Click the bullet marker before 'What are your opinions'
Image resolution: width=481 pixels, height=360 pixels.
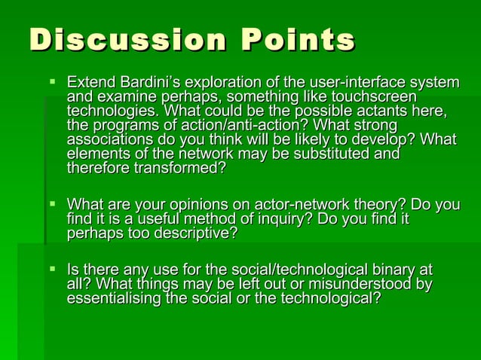51,204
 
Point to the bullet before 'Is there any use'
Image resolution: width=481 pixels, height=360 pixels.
51,269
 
